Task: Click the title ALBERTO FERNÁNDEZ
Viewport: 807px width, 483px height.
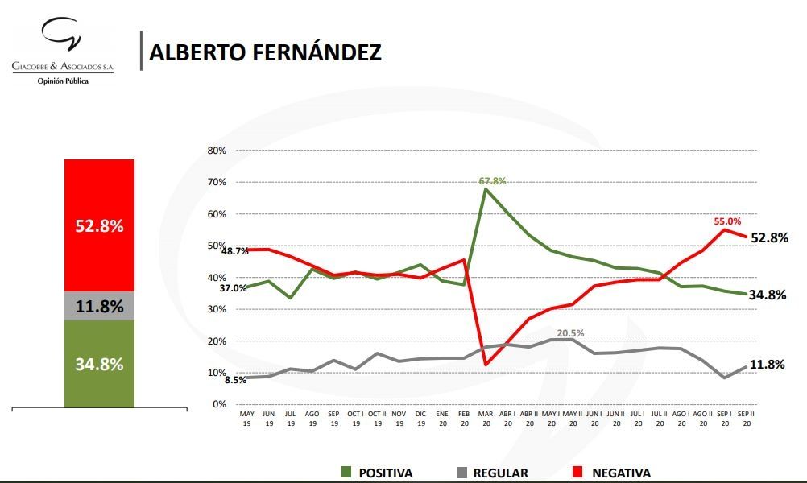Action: point(266,52)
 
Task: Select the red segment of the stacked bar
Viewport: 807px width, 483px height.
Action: point(100,225)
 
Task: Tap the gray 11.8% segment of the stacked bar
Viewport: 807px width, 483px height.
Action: point(100,306)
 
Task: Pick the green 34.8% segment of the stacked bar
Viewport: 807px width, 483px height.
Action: point(100,364)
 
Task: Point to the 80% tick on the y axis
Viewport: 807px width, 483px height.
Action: point(217,151)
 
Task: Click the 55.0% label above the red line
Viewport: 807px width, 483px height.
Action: point(726,221)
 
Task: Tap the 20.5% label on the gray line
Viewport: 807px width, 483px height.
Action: point(569,332)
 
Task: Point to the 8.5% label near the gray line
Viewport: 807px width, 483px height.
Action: point(234,379)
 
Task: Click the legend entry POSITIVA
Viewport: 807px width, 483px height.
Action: point(379,473)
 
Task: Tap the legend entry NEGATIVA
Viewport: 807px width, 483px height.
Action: point(621,473)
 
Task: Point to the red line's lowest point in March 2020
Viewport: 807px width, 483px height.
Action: point(485,365)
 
